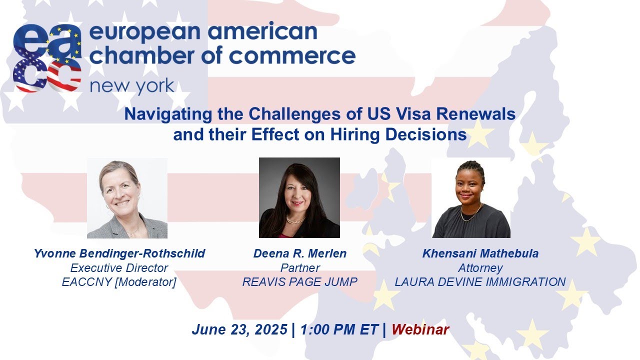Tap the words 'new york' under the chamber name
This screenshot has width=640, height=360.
132,86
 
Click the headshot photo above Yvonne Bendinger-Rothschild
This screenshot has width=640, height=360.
127,198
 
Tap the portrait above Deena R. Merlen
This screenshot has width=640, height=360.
299,197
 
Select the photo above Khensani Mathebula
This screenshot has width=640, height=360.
471,198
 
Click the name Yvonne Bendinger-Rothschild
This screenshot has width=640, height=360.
119,253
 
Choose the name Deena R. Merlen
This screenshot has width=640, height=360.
299,253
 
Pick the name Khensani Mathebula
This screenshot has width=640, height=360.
480,253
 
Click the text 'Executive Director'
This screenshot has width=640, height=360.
119,268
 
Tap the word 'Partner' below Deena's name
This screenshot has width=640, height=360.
299,268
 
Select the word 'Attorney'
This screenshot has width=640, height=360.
480,268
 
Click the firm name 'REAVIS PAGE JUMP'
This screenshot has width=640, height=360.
299,282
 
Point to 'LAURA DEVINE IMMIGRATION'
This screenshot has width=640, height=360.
480,282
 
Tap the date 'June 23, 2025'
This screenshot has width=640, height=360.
239,330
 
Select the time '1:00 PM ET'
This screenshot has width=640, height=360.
339,330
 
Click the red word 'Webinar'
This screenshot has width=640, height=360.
420,330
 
